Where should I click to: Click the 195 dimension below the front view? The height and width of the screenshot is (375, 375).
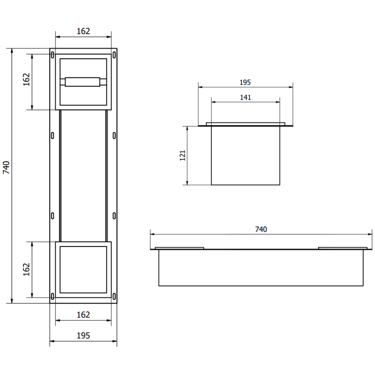83,336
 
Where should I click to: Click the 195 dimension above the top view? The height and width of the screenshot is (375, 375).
245,82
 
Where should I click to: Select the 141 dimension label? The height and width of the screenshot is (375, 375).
245,97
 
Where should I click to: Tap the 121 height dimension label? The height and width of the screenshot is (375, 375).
183,155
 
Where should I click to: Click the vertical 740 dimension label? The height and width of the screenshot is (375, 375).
6,168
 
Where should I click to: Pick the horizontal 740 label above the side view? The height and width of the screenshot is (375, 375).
261,229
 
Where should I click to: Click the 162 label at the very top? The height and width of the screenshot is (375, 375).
83,31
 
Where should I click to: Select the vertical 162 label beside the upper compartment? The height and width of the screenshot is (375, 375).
26,79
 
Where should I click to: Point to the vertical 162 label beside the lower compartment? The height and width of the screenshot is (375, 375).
26,269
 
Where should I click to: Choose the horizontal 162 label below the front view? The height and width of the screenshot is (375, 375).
83,315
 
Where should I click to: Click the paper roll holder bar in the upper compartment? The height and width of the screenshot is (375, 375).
83,82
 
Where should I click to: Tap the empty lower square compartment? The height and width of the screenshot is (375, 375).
83,269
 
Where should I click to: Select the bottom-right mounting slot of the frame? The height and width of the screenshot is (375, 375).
114,296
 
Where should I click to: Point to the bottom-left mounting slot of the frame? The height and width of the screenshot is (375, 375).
52,296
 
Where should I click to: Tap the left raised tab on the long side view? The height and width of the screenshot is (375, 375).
180,247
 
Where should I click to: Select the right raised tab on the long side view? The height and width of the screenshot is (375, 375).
342,247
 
